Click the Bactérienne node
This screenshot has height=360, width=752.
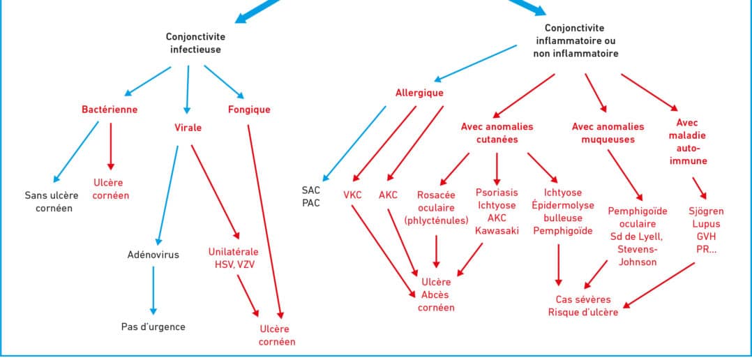(x=110, y=110)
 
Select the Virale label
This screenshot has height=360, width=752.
(x=188, y=128)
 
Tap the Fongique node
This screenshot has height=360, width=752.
(x=249, y=110)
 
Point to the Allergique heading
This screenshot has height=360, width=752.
(x=419, y=92)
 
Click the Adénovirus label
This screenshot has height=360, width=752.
(x=153, y=255)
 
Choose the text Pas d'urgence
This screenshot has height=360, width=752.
(x=153, y=326)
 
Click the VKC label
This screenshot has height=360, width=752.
(x=352, y=195)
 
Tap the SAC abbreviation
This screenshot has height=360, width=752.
(x=311, y=190)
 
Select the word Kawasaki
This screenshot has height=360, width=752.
(x=497, y=231)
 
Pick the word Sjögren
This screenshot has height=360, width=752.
(x=706, y=211)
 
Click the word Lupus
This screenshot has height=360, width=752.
(x=706, y=224)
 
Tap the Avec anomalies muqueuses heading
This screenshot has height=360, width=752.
(x=603, y=133)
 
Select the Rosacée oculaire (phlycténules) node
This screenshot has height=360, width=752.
(x=436, y=207)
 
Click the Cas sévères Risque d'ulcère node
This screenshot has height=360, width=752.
(x=582, y=306)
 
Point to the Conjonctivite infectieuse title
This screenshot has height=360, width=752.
(x=195, y=43)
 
